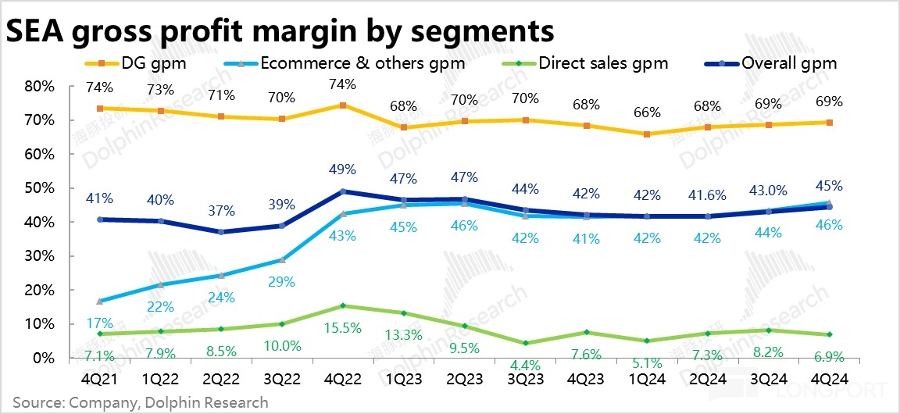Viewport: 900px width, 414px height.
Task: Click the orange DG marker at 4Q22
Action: [x=344, y=105]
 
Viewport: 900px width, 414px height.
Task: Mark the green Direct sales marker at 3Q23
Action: [x=526, y=343]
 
